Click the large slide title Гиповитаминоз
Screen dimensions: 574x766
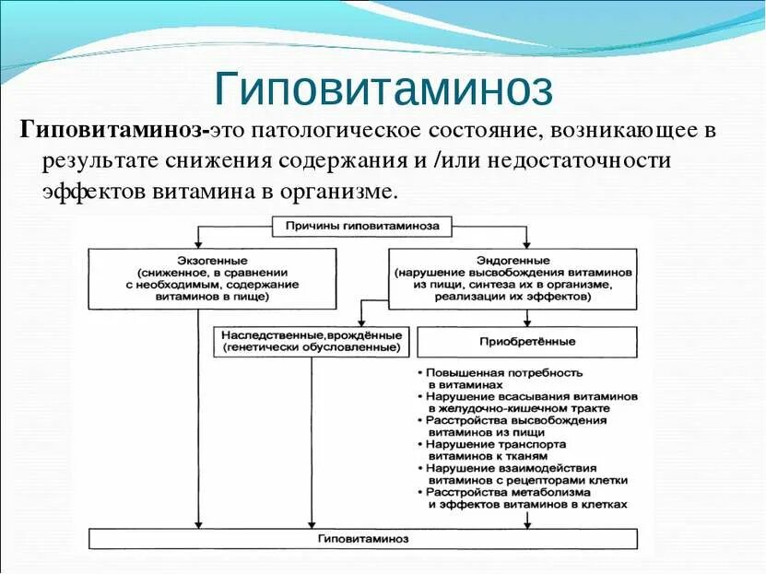pos(383,88)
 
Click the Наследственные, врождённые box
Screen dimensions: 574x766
pos(311,342)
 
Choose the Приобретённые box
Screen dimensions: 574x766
pos(526,342)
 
